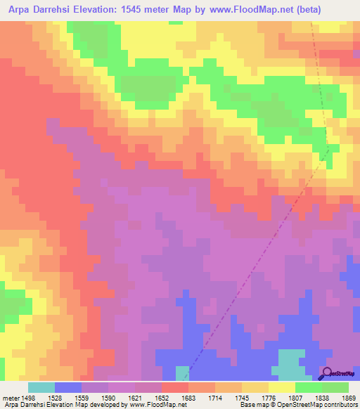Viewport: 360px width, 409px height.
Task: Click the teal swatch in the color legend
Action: (x=41, y=387)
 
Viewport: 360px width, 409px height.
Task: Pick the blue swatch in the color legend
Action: (x=68, y=387)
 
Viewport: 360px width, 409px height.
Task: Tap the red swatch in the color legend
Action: (x=175, y=387)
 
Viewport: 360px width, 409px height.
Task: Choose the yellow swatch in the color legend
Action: (x=282, y=387)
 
